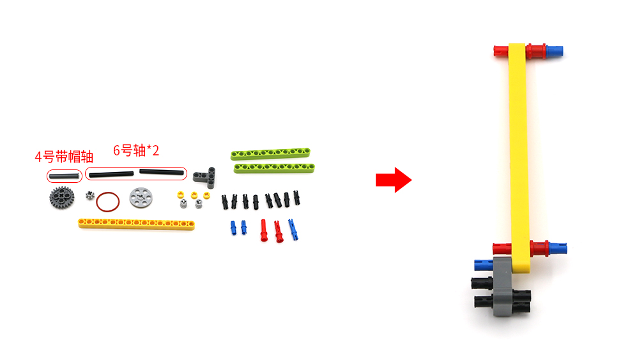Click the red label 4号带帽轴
pyautogui.click(x=64, y=157)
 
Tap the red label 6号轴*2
pyautogui.click(x=135, y=150)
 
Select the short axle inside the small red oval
pyautogui.click(x=64, y=176)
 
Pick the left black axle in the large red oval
pyautogui.click(x=111, y=175)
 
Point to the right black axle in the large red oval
pyautogui.click(x=162, y=172)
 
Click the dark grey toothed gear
pyautogui.click(x=61, y=198)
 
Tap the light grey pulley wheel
pyautogui.click(x=141, y=198)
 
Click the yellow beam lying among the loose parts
pyautogui.click(x=136, y=224)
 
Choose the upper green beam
pyautogui.click(x=270, y=153)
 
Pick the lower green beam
pyautogui.click(x=274, y=168)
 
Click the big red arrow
pyautogui.click(x=393, y=180)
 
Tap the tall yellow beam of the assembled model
pyautogui.click(x=519, y=157)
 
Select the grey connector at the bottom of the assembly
pyautogui.click(x=504, y=286)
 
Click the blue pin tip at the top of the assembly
pyautogui.click(x=555, y=51)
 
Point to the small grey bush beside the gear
pyautogui.click(x=90, y=195)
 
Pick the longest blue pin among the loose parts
pyautogui.click(x=293, y=230)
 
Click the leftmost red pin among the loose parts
pyautogui.click(x=264, y=231)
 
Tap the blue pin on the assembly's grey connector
pyautogui.click(x=484, y=265)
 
